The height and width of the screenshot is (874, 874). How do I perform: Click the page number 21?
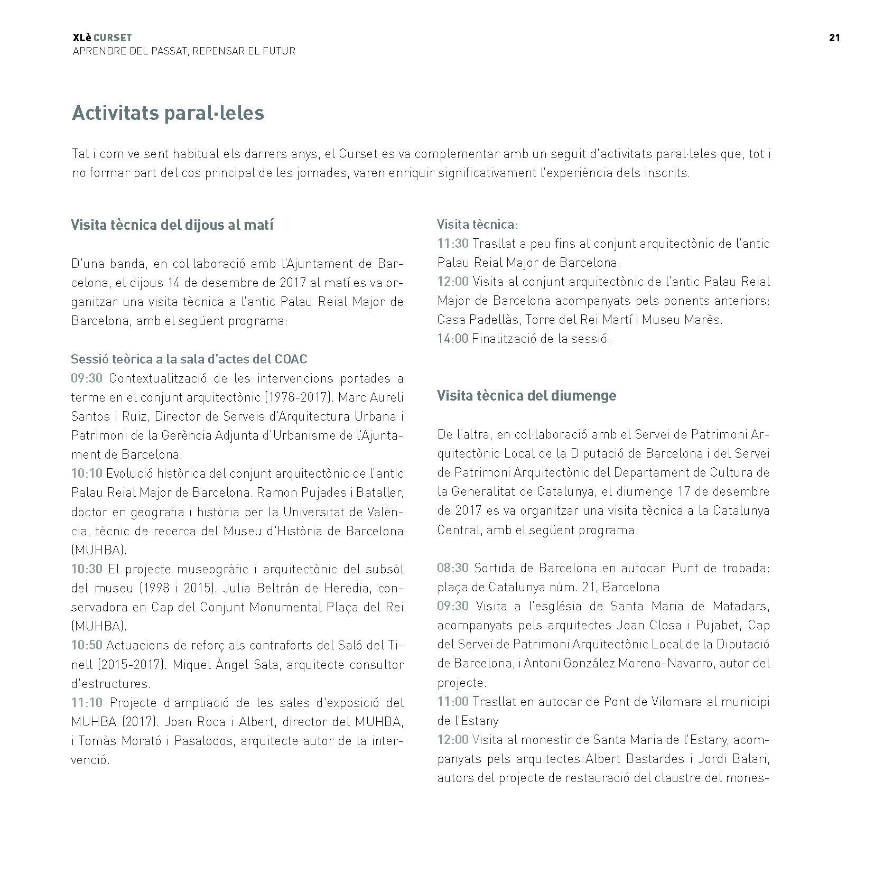coord(834,38)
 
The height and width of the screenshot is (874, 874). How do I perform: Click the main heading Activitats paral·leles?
coord(168,113)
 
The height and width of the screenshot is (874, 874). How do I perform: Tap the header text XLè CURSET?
coord(103,38)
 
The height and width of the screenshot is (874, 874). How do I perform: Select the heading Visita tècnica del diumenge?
coord(526,396)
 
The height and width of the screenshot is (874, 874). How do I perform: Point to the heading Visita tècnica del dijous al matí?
coord(172,225)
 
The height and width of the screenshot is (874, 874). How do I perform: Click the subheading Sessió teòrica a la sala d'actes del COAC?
coord(189,359)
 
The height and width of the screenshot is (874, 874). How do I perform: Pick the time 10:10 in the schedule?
coord(87,473)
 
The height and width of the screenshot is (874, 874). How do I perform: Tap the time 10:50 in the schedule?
coord(87,645)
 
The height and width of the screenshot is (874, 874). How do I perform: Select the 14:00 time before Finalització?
coord(452,339)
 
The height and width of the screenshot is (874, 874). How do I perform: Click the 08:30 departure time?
coord(452,568)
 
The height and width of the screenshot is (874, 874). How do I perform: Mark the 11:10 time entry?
coord(87,703)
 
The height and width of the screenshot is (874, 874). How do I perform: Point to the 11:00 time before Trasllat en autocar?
coord(452,702)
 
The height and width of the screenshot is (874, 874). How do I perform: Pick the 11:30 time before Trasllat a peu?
coord(452,244)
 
